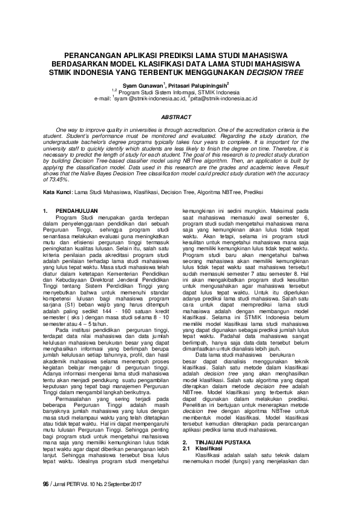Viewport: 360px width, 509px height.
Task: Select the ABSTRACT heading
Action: [180, 118]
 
